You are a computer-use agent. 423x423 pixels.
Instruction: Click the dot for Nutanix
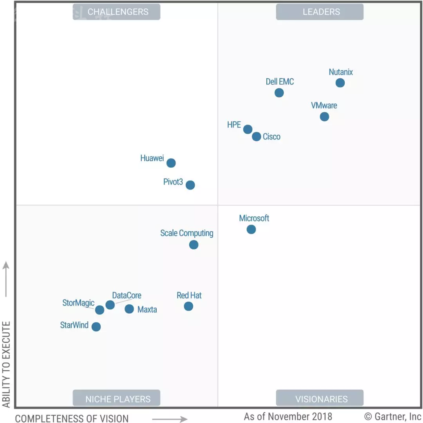point(340,83)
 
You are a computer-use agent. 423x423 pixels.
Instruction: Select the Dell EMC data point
point(279,93)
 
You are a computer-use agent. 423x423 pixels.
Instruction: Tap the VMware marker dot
point(324,117)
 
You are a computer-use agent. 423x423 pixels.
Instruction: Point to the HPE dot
point(248,129)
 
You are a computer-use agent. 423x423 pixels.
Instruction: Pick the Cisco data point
point(257,136)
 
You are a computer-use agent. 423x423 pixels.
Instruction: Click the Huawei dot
point(171,163)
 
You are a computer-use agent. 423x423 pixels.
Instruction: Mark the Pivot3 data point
point(190,185)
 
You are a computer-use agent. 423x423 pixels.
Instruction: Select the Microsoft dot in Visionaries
point(251,229)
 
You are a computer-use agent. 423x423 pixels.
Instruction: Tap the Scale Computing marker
point(193,245)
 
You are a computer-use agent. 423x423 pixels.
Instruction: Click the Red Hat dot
point(188,306)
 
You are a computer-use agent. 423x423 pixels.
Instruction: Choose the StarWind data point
point(96,327)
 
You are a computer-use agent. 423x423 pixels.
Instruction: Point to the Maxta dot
point(129,309)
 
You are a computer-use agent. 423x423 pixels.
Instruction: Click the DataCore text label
point(127,295)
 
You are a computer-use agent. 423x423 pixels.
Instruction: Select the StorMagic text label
point(78,303)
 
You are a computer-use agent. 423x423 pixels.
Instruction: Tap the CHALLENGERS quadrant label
point(118,12)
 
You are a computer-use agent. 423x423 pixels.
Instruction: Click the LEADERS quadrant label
point(321,12)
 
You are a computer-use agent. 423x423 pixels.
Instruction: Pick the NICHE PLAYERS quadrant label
point(118,399)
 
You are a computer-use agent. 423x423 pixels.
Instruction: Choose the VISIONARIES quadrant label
point(321,399)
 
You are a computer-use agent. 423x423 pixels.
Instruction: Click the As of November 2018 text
point(288,416)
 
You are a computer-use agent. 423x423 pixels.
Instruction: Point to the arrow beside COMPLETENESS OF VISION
point(170,419)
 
